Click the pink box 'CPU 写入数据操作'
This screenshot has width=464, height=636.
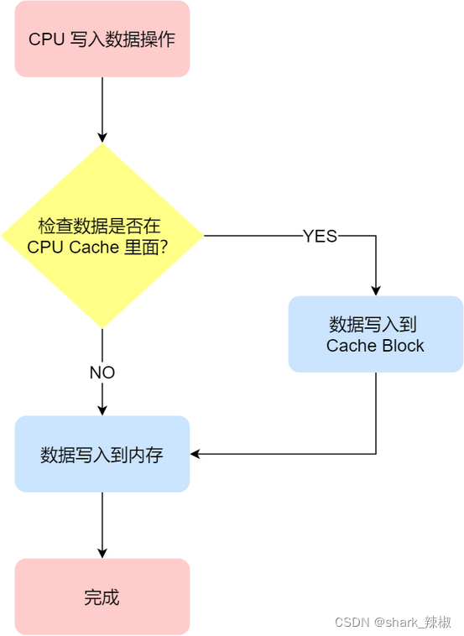(x=102, y=39)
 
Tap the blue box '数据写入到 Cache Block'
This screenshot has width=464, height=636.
(x=375, y=334)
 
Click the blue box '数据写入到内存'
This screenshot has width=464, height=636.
(x=102, y=454)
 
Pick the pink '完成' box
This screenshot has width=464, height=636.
(x=102, y=597)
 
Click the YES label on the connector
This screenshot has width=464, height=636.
(x=320, y=237)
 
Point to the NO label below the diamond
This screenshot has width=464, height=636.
(x=102, y=373)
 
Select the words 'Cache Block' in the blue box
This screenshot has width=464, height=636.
(x=375, y=346)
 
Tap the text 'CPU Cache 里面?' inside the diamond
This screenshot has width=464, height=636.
(x=97, y=247)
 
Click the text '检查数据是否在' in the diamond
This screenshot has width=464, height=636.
(x=99, y=227)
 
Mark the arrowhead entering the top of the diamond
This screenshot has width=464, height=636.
(x=102, y=137)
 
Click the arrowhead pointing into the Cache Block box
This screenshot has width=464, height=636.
(x=375, y=289)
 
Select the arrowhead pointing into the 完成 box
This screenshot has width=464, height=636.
(x=102, y=553)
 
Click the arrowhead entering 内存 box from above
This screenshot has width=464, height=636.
(x=102, y=410)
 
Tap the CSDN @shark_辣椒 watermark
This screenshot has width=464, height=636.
(x=393, y=622)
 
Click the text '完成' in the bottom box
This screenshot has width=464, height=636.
(x=102, y=597)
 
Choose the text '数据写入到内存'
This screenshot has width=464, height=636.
(x=102, y=455)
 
